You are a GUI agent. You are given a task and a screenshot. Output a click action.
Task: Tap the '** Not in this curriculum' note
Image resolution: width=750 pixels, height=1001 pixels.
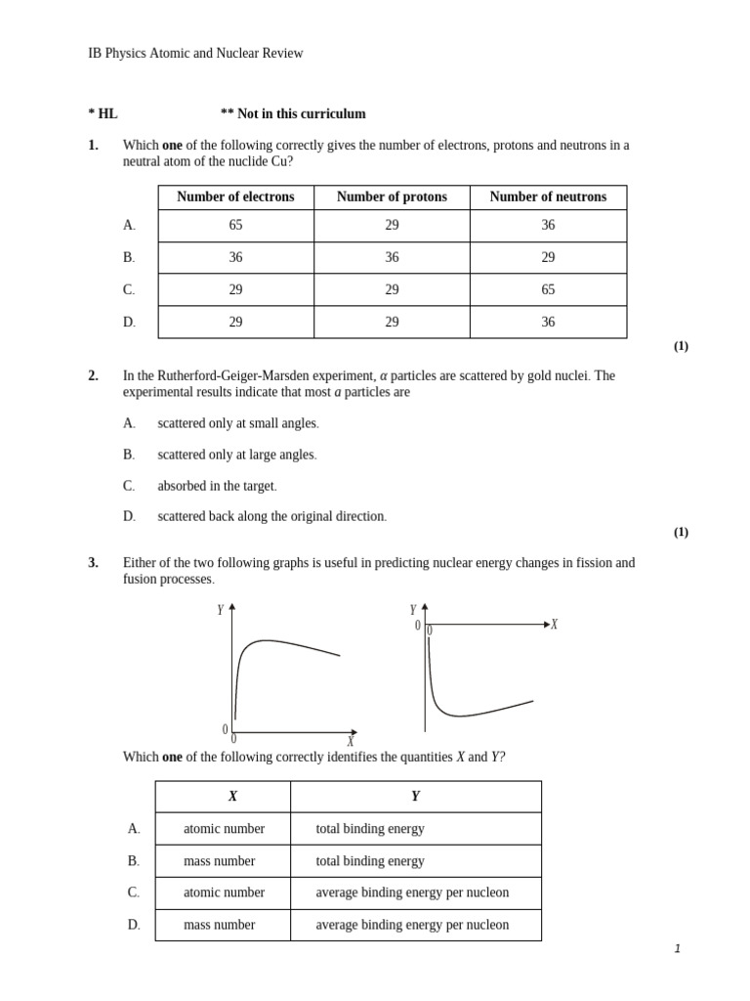pyautogui.click(x=293, y=114)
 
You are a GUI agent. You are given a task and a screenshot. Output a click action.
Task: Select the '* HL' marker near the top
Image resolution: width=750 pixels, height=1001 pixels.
pyautogui.click(x=103, y=114)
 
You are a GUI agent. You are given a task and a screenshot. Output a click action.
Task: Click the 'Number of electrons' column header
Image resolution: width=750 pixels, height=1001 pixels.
pyautogui.click(x=235, y=197)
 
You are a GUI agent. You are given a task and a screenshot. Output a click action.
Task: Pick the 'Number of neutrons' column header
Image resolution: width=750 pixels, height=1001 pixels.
pyautogui.click(x=548, y=197)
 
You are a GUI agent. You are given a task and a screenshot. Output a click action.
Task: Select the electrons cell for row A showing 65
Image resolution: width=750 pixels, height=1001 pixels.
pyautogui.click(x=235, y=226)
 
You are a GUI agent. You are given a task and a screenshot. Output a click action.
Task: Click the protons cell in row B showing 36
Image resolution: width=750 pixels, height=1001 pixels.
pyautogui.click(x=392, y=258)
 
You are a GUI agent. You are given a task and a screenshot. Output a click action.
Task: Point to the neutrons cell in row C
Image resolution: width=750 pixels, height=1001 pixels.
pyautogui.click(x=548, y=290)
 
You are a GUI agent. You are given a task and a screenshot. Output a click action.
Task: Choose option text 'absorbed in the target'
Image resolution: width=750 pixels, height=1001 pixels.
pyautogui.click(x=217, y=486)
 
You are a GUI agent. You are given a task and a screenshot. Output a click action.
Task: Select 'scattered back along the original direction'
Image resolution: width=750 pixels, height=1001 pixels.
pyautogui.click(x=271, y=517)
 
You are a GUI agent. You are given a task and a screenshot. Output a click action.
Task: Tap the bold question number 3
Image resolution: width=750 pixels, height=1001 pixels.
pyautogui.click(x=94, y=563)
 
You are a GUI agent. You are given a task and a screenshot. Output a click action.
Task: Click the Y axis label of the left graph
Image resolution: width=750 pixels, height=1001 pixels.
pyautogui.click(x=221, y=610)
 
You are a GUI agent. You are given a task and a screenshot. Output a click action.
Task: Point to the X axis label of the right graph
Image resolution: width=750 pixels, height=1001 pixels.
pyautogui.click(x=554, y=625)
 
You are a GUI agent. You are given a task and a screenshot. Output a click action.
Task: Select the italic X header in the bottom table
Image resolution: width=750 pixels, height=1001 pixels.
pyautogui.click(x=232, y=797)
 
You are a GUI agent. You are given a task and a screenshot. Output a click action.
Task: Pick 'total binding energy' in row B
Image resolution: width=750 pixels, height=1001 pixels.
pyautogui.click(x=370, y=861)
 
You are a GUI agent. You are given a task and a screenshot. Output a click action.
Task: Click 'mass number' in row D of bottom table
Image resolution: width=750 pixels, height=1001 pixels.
pyautogui.click(x=220, y=925)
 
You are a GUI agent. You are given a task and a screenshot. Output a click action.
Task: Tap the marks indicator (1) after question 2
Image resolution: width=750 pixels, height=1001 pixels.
pyautogui.click(x=681, y=533)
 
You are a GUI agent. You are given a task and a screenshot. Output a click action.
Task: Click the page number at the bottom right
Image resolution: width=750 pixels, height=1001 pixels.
pyautogui.click(x=677, y=949)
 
